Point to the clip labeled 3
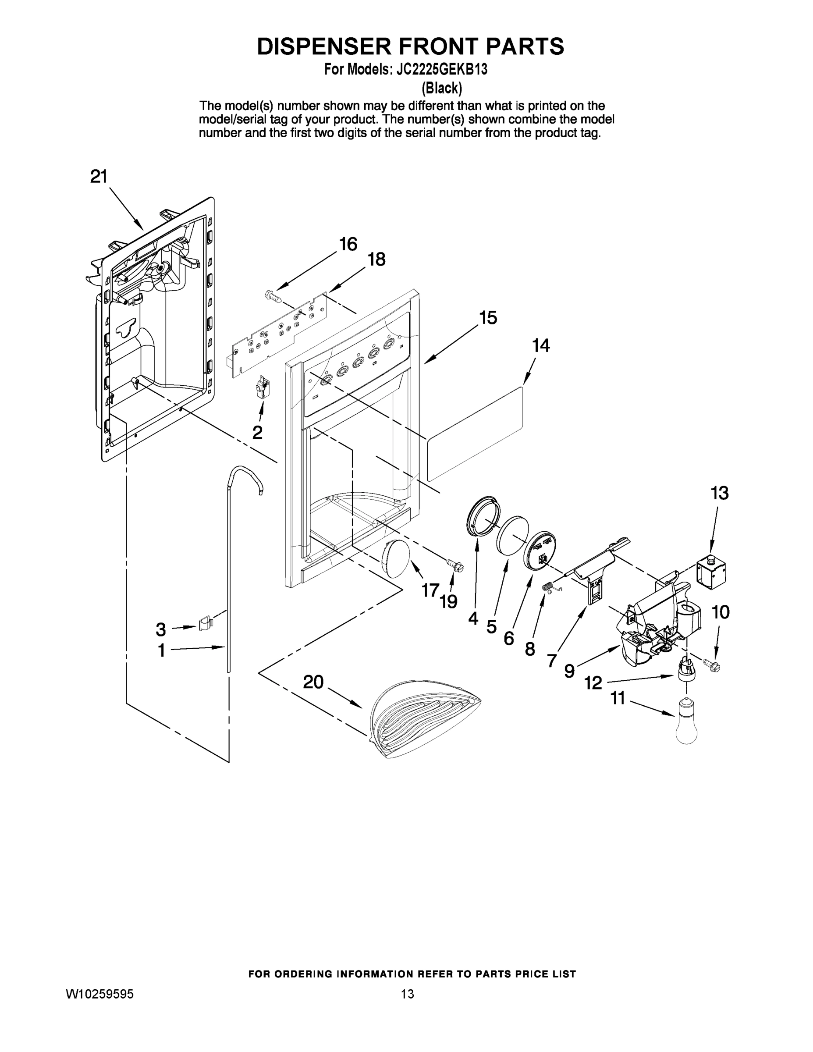(x=206, y=623)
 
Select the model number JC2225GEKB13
(x=441, y=70)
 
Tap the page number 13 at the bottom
(x=407, y=994)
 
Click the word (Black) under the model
(x=442, y=88)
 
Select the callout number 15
(x=488, y=318)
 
